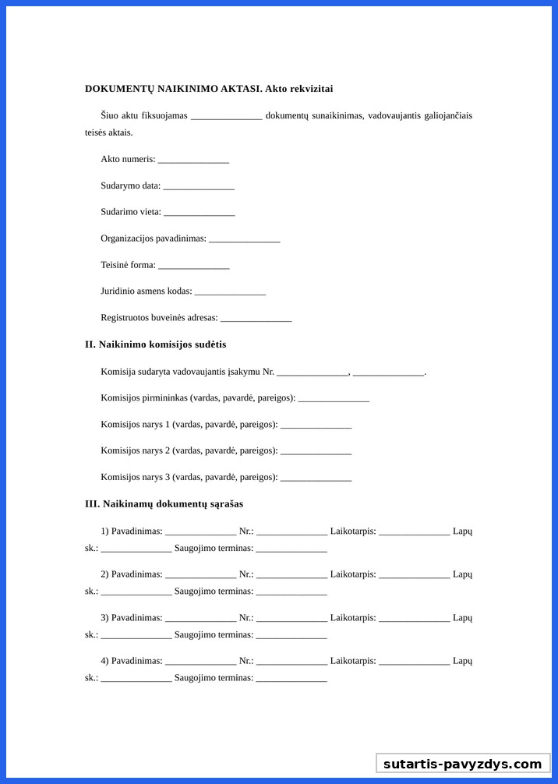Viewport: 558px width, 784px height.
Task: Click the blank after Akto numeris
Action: coord(193,160)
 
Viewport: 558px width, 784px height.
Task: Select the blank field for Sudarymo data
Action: coord(199,186)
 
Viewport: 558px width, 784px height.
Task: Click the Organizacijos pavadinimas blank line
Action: coord(244,239)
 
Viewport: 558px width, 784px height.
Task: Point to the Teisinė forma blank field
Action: coord(193,266)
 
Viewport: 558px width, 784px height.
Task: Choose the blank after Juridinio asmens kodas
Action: coord(230,292)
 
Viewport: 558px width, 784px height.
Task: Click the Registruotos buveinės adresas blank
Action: coord(256,319)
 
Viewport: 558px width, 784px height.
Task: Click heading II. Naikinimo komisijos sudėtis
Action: coord(155,344)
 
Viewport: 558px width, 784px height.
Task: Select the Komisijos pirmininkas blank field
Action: coord(334,399)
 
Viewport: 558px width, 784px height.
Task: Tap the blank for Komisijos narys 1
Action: coord(316,426)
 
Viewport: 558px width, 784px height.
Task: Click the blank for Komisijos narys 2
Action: coord(316,451)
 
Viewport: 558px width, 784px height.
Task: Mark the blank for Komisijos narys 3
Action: coord(316,478)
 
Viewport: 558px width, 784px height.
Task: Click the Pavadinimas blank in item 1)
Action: coord(200,532)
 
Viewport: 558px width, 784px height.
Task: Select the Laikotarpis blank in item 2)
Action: coord(414,575)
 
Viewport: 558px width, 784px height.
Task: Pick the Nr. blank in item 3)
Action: coord(291,619)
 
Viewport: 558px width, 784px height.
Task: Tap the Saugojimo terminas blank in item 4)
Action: coord(291,679)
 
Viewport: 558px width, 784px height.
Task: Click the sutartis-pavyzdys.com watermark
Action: coord(462,764)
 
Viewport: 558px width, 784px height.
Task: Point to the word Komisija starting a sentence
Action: coord(119,372)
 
